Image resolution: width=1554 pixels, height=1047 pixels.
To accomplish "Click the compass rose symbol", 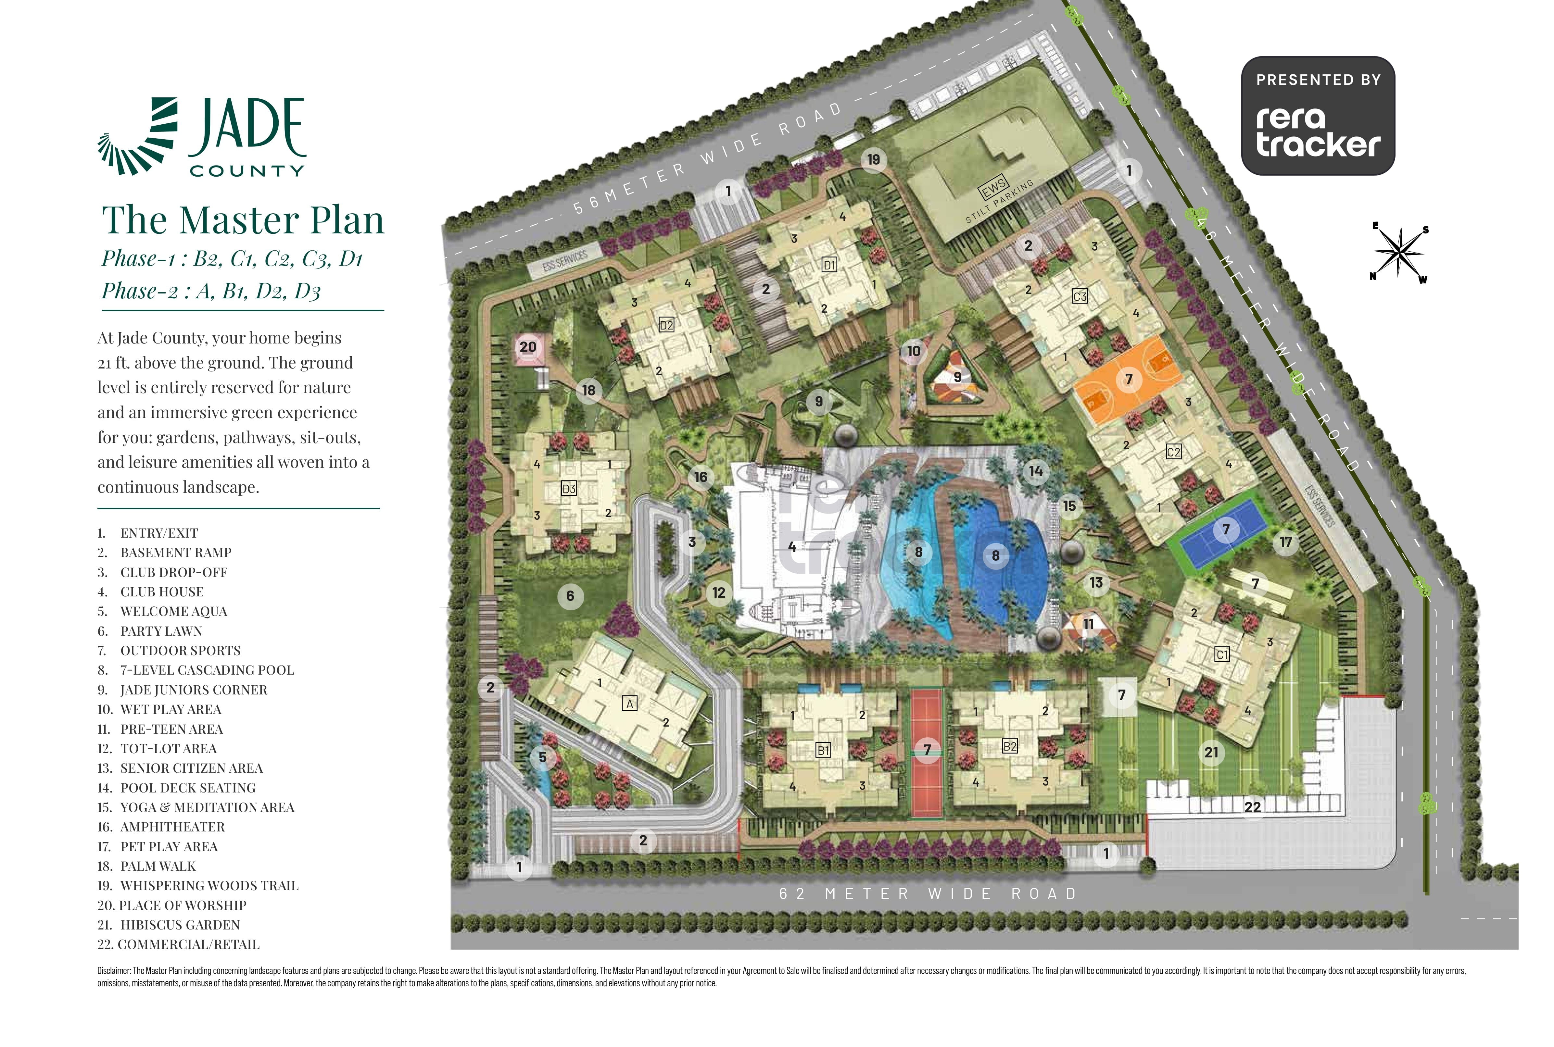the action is point(1398,252).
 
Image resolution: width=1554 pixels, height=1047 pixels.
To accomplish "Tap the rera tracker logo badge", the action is point(1318,116).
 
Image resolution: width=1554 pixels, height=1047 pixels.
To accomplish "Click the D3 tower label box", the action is point(568,489).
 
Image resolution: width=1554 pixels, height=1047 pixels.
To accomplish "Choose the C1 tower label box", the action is point(1221,655).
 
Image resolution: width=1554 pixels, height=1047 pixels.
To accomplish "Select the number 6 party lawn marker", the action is point(570,596).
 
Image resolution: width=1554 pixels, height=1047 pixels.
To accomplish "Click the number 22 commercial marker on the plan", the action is point(1252,807).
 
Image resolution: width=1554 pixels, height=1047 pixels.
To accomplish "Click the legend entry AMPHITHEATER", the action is point(172,827).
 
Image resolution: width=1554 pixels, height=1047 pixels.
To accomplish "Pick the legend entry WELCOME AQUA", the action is point(174,611).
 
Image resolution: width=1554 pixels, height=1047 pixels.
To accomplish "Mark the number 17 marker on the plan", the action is point(1285,542).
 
